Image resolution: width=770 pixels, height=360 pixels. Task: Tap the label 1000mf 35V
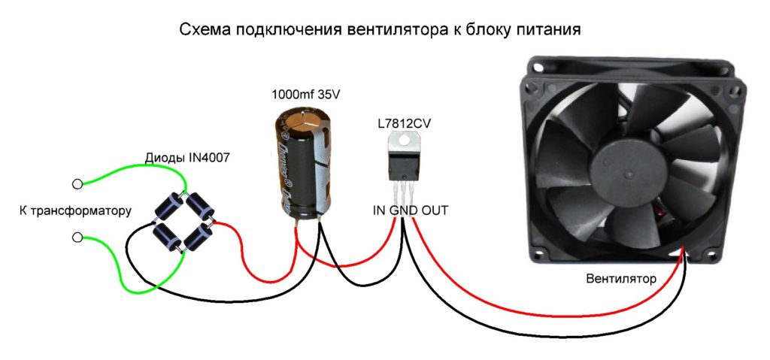click(305, 94)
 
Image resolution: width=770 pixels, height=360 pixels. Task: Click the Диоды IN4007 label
click(186, 158)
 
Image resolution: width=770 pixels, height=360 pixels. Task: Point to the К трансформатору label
click(76, 211)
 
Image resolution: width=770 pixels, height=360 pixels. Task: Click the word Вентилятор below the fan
click(621, 279)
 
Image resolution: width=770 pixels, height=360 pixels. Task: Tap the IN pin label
click(379, 210)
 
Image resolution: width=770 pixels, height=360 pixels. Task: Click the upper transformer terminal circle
click(77, 184)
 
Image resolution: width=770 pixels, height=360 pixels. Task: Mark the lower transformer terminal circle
click(77, 237)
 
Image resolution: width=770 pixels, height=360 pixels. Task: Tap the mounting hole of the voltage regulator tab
click(404, 140)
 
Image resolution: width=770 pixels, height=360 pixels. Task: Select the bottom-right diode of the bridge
click(199, 237)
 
